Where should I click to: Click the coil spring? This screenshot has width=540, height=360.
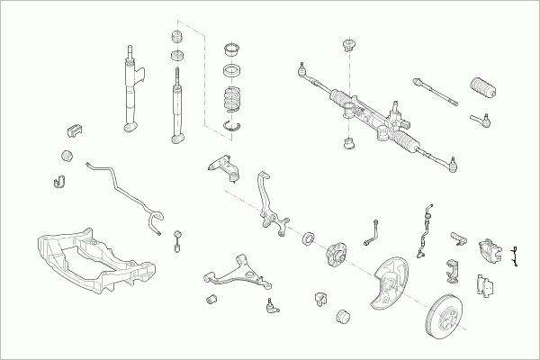tap(233, 102)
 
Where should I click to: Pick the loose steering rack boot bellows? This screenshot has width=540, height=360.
tap(481, 94)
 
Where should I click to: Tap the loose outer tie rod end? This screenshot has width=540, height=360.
tap(480, 117)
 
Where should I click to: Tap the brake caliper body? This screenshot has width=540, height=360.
tap(491, 251)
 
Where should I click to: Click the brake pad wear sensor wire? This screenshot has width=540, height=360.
tap(515, 256)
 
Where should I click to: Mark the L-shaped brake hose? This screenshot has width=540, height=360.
tap(370, 232)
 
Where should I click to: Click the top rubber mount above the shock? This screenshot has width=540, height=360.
tap(176, 38)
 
